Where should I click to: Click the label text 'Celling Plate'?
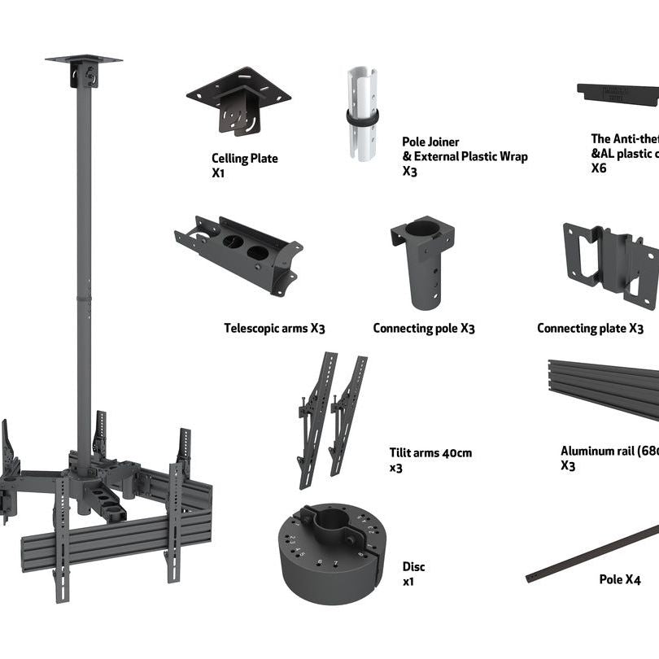(x=245, y=159)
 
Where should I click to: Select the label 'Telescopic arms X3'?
(x=274, y=329)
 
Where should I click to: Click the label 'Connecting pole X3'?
(x=424, y=329)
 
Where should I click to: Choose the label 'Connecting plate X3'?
(x=590, y=329)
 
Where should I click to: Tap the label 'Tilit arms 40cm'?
(x=430, y=453)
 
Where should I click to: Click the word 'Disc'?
(x=413, y=567)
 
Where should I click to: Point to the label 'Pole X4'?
(x=620, y=580)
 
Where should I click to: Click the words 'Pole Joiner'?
(x=430, y=142)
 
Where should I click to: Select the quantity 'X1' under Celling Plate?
(x=218, y=172)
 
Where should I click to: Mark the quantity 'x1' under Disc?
(x=409, y=583)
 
